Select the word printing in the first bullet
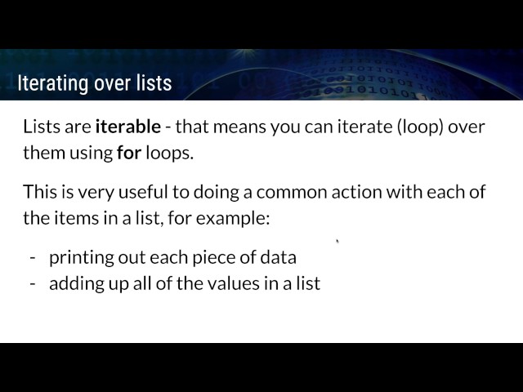point(80,258)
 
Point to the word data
point(279,258)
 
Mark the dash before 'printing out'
point(33,258)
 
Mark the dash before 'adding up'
point(33,284)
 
